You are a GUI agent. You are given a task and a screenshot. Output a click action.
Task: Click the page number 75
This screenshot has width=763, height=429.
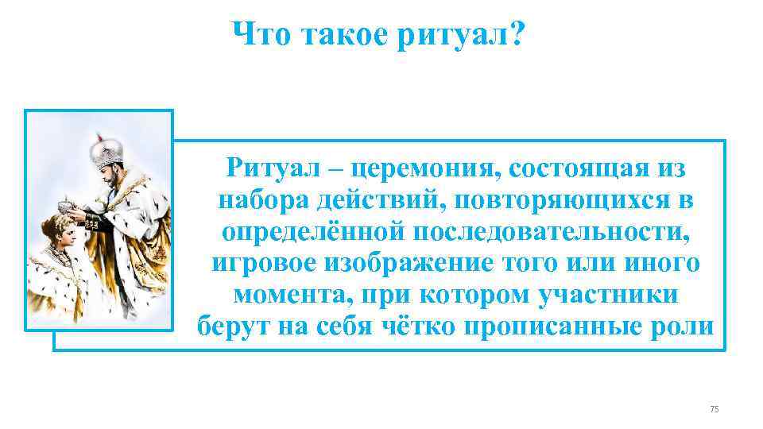point(713,408)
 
